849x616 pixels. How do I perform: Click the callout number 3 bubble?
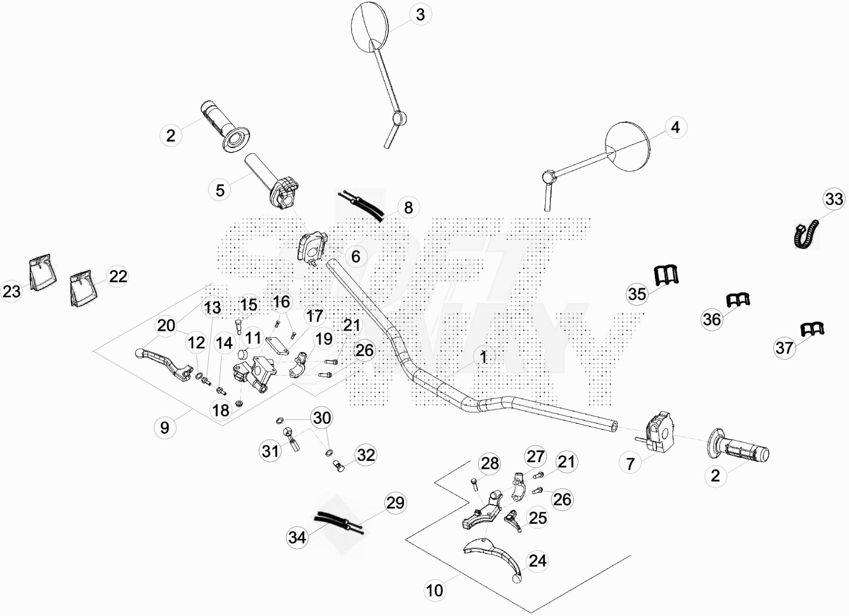[x=420, y=15]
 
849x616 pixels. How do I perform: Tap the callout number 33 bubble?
[x=834, y=199]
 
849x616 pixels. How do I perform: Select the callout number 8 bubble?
[x=408, y=207]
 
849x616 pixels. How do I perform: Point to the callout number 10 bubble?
[x=434, y=590]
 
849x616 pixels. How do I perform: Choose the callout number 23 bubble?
[x=12, y=292]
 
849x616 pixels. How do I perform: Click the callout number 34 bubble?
[x=297, y=537]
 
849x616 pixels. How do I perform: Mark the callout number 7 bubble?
[x=631, y=464]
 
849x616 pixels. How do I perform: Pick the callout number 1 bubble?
[x=483, y=357]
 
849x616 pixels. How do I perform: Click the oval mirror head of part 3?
[x=370, y=27]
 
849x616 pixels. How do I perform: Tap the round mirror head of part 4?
[x=628, y=147]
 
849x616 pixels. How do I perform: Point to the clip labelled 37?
[x=812, y=329]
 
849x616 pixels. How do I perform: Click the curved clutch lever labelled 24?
[x=493, y=557]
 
